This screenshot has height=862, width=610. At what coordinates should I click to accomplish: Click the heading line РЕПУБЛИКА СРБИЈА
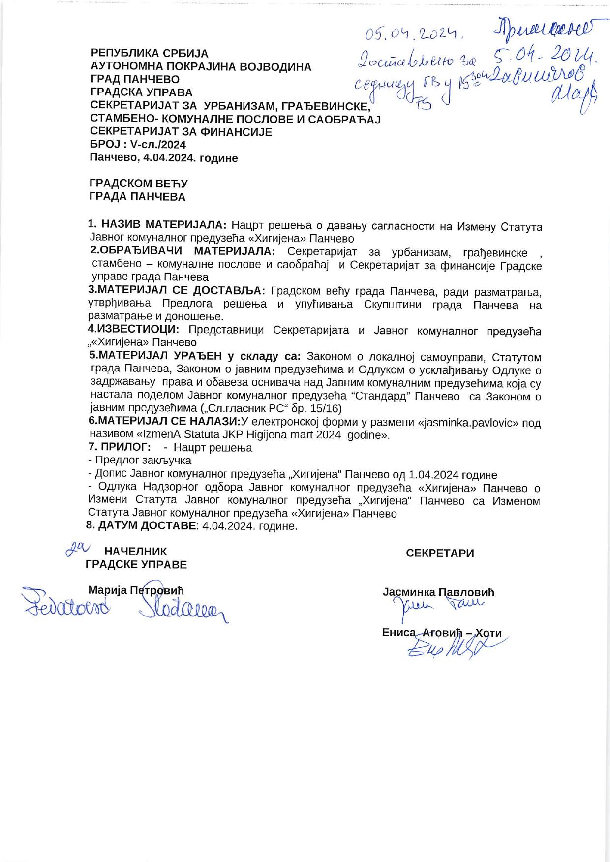click(x=150, y=54)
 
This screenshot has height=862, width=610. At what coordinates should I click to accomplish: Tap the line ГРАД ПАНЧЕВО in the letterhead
click(x=135, y=79)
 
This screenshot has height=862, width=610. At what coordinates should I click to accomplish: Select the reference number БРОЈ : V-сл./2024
click(x=138, y=145)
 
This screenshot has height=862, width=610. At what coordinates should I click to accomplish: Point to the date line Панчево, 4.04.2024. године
click(x=164, y=158)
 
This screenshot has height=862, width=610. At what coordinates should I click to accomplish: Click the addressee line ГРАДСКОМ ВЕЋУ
click(x=138, y=184)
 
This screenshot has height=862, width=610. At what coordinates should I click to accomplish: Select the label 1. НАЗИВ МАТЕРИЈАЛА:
click(x=157, y=225)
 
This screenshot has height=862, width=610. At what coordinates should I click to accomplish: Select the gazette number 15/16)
click(x=327, y=409)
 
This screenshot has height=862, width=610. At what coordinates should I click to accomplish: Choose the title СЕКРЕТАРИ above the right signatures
click(x=440, y=553)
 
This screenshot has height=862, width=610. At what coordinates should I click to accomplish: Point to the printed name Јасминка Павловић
click(x=438, y=592)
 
